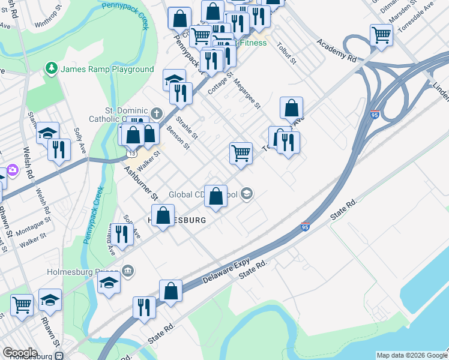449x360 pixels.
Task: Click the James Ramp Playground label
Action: click(x=107, y=70)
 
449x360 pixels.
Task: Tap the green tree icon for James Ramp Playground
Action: click(x=52, y=69)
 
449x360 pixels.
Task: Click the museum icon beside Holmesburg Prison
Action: click(x=127, y=271)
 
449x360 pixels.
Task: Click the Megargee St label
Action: click(x=247, y=94)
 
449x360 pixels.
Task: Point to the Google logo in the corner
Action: click(x=20, y=352)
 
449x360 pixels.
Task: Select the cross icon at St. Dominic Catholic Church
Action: click(x=157, y=113)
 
